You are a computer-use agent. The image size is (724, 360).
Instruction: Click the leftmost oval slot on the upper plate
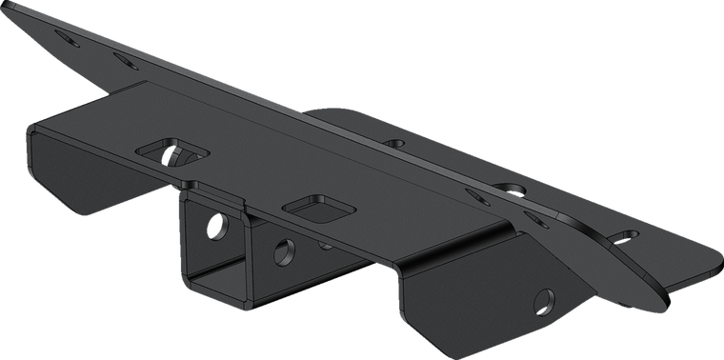[x=67, y=40]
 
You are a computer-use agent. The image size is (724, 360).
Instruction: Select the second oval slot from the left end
[x=123, y=57]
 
